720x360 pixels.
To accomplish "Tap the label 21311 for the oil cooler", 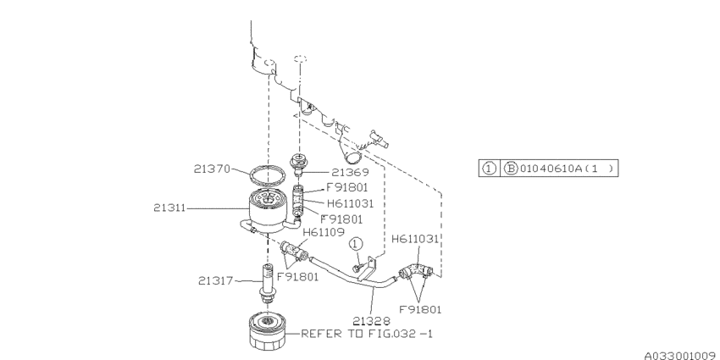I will click(172, 206).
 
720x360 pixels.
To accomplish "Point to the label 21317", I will click(216, 280).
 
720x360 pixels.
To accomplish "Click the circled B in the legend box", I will click(511, 169).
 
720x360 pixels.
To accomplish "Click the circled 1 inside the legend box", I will click(489, 169).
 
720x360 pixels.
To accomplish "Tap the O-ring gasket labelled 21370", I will click(269, 176).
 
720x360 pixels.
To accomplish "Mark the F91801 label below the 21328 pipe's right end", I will click(420, 309).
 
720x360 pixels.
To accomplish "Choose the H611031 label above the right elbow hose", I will click(415, 240).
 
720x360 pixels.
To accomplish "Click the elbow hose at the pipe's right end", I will click(415, 272).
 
